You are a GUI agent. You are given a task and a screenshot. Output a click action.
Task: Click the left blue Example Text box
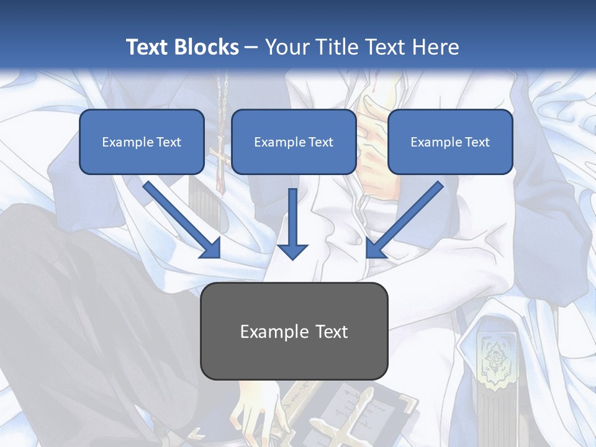coord(142,142)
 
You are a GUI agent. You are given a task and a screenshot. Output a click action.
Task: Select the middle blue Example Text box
coord(294,142)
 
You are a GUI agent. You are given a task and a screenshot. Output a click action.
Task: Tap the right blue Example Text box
coord(450,142)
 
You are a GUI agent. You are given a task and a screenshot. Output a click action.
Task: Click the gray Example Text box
coord(294,331)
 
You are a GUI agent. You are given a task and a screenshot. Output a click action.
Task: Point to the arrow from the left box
coord(181,219)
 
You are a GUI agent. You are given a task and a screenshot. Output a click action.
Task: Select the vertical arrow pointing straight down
coord(292,223)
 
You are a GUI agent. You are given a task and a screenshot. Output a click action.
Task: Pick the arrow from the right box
coord(405,219)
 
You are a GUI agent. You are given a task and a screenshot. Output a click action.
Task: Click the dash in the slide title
coord(251,47)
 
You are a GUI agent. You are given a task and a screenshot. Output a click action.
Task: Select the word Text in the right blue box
coord(477,142)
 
